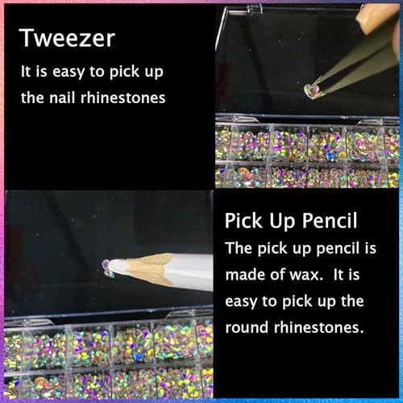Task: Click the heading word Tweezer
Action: tap(67, 38)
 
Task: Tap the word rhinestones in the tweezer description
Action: tap(123, 98)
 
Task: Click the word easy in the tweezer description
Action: tap(69, 73)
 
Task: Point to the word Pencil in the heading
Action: tap(330, 221)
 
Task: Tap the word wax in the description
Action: tap(306, 275)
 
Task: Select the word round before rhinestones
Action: tap(247, 327)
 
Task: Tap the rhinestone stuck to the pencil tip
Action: tap(107, 268)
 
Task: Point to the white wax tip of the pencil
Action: tap(119, 267)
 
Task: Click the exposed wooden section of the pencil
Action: tap(149, 268)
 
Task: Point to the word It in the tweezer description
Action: tap(26, 72)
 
